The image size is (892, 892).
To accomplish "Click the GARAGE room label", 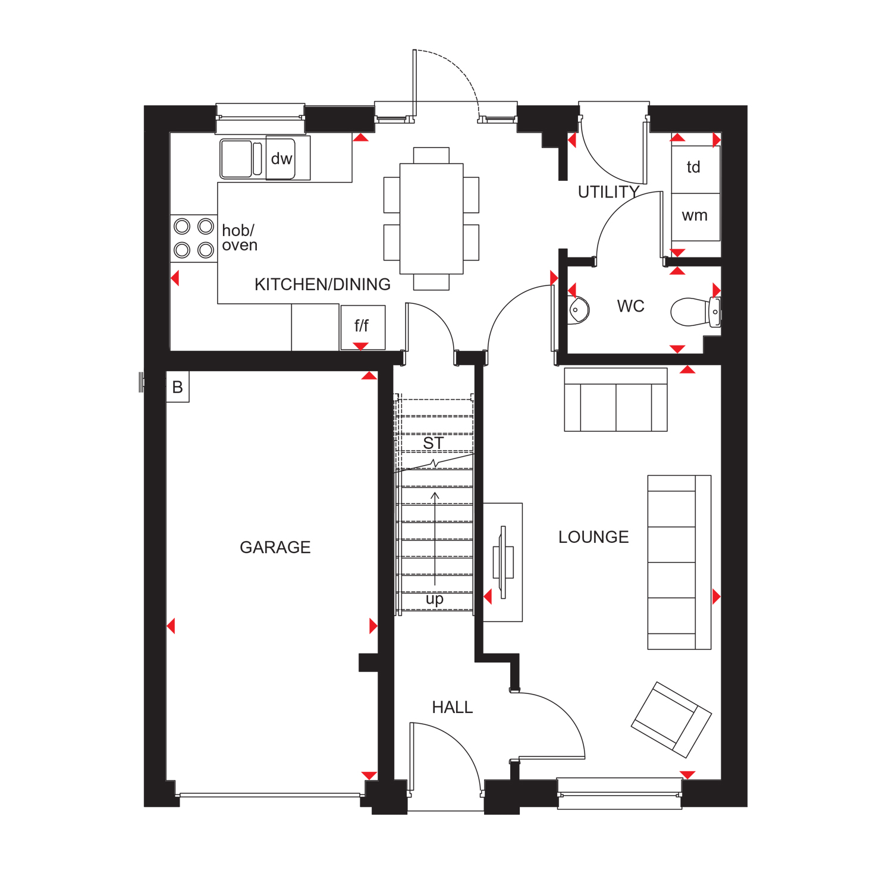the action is (275, 547).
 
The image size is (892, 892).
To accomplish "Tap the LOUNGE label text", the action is (593, 537).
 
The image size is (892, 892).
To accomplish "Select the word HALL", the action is (452, 707).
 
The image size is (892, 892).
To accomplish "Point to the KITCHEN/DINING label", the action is (322, 284).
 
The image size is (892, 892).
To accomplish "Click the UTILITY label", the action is (608, 192).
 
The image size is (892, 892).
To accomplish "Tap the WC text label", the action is (630, 306).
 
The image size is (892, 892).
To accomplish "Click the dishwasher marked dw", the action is (281, 158).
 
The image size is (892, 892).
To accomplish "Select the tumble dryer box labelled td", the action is (696, 169).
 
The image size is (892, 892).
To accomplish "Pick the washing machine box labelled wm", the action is (696, 217).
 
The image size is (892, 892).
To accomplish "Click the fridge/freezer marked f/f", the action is (363, 327).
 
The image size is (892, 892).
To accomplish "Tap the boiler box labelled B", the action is (177, 387).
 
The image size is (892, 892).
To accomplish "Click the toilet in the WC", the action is (696, 312).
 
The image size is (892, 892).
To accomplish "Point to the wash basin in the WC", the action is (578, 310).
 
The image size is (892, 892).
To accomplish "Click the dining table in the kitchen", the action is (432, 219).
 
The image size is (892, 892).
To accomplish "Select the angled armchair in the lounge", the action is (671, 720).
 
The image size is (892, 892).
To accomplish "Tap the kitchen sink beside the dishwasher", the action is (241, 159).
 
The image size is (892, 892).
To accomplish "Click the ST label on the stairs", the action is (434, 443).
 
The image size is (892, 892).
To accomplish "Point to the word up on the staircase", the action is (435, 599).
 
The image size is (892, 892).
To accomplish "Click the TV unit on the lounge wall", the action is (503, 563).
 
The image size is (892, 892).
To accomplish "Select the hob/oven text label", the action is (240, 238).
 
